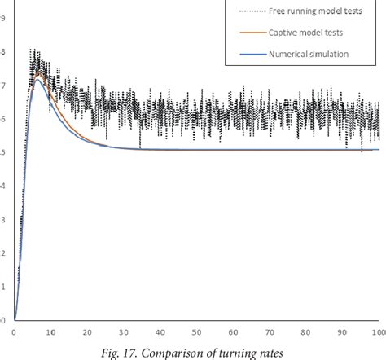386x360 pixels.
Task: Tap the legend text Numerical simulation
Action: click(x=310, y=55)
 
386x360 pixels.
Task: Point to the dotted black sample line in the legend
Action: click(x=252, y=11)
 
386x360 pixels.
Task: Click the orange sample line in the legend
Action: click(x=252, y=33)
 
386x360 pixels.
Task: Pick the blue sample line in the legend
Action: click(x=252, y=55)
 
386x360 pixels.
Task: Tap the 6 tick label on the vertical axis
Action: click(x=3, y=120)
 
